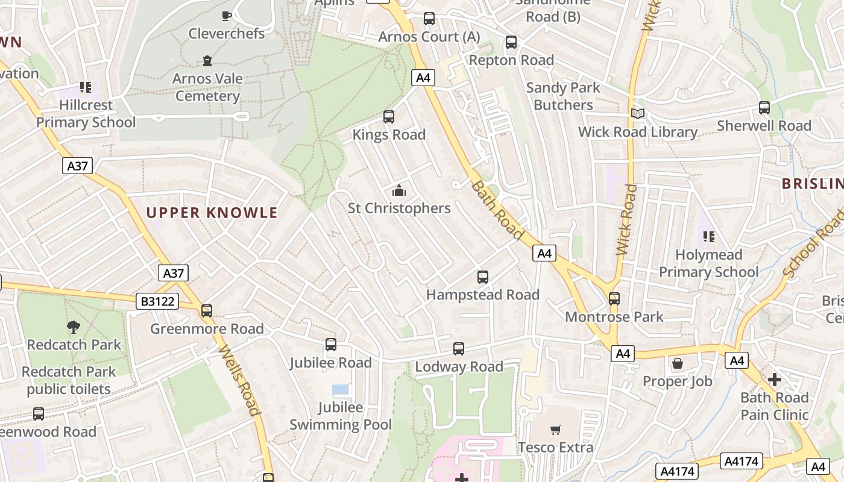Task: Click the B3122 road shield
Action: (x=157, y=301)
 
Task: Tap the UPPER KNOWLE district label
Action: (x=212, y=213)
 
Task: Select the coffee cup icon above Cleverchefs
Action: (x=227, y=16)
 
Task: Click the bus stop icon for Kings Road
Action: (x=389, y=117)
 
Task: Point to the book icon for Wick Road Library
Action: (x=637, y=114)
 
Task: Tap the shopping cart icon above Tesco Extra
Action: (x=556, y=430)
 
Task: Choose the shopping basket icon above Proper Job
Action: (x=678, y=363)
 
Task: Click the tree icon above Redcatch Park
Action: (x=74, y=327)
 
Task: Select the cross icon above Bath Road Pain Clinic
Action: (x=775, y=380)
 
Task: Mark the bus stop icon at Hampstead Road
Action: (x=483, y=277)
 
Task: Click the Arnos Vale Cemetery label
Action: (x=208, y=87)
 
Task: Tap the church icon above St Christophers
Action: (x=399, y=191)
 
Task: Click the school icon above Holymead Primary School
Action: (x=708, y=237)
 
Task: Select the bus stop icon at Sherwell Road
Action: (x=764, y=108)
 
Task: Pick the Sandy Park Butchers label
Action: (x=563, y=96)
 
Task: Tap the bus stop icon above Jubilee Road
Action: (x=331, y=345)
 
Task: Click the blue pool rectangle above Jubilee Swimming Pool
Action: (x=340, y=389)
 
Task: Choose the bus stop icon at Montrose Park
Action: (x=614, y=299)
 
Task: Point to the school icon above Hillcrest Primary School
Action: (x=86, y=87)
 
